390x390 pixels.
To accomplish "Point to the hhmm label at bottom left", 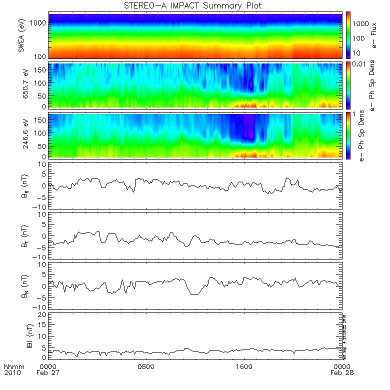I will tap(11, 366).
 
